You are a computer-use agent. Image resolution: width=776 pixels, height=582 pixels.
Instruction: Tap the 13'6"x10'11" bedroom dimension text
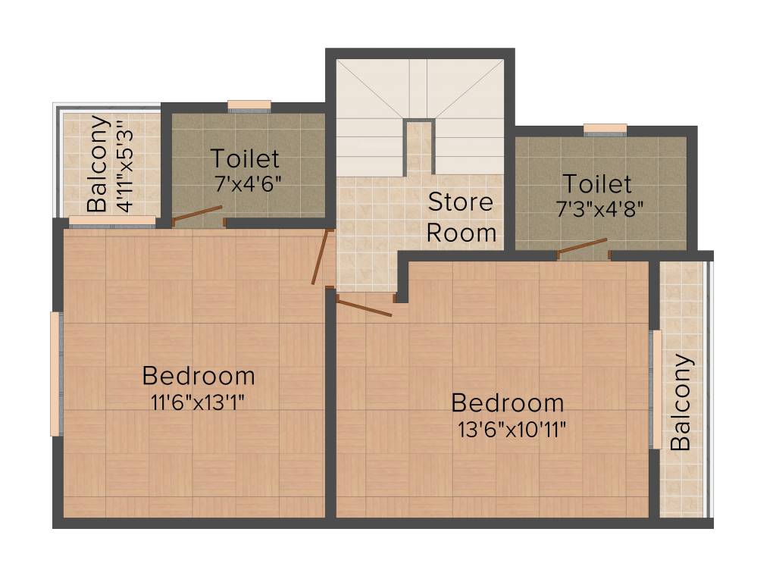pyautogui.click(x=512, y=429)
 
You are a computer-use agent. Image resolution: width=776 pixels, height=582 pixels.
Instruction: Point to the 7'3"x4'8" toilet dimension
pyautogui.click(x=600, y=210)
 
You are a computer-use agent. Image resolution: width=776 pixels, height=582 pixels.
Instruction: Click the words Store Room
pyautogui.click(x=461, y=217)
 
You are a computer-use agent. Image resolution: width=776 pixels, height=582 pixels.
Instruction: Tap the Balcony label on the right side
pyautogui.click(x=681, y=402)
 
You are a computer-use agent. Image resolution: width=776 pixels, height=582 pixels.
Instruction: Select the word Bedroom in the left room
pyautogui.click(x=199, y=376)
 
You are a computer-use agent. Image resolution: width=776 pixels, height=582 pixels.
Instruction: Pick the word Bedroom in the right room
pyautogui.click(x=508, y=402)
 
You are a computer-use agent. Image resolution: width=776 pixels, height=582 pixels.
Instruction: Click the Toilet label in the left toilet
pyautogui.click(x=245, y=159)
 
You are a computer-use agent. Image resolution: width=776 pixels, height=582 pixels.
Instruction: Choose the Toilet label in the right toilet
pyautogui.click(x=596, y=184)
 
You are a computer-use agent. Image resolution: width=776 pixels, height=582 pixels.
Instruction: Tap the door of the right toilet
pyautogui.click(x=583, y=246)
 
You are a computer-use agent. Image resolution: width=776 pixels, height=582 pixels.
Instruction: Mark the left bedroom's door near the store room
pyautogui.click(x=321, y=257)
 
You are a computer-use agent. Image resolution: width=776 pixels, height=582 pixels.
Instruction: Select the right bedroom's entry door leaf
pyautogui.click(x=364, y=307)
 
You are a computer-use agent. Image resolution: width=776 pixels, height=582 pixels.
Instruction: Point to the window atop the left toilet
pyautogui.click(x=249, y=106)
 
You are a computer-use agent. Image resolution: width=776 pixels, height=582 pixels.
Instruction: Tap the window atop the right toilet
pyautogui.click(x=605, y=129)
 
